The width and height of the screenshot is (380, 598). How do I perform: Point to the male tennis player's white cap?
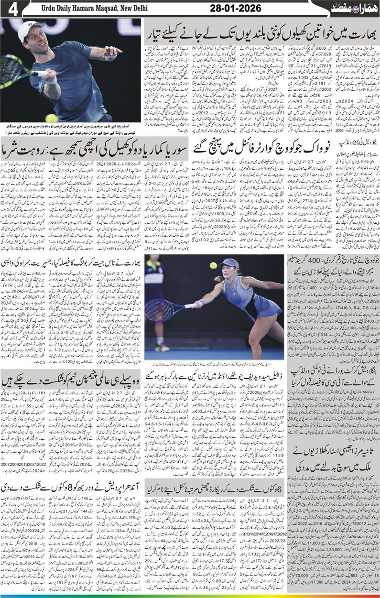click(x=30, y=30)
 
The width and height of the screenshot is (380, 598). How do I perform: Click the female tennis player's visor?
click(x=228, y=263)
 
